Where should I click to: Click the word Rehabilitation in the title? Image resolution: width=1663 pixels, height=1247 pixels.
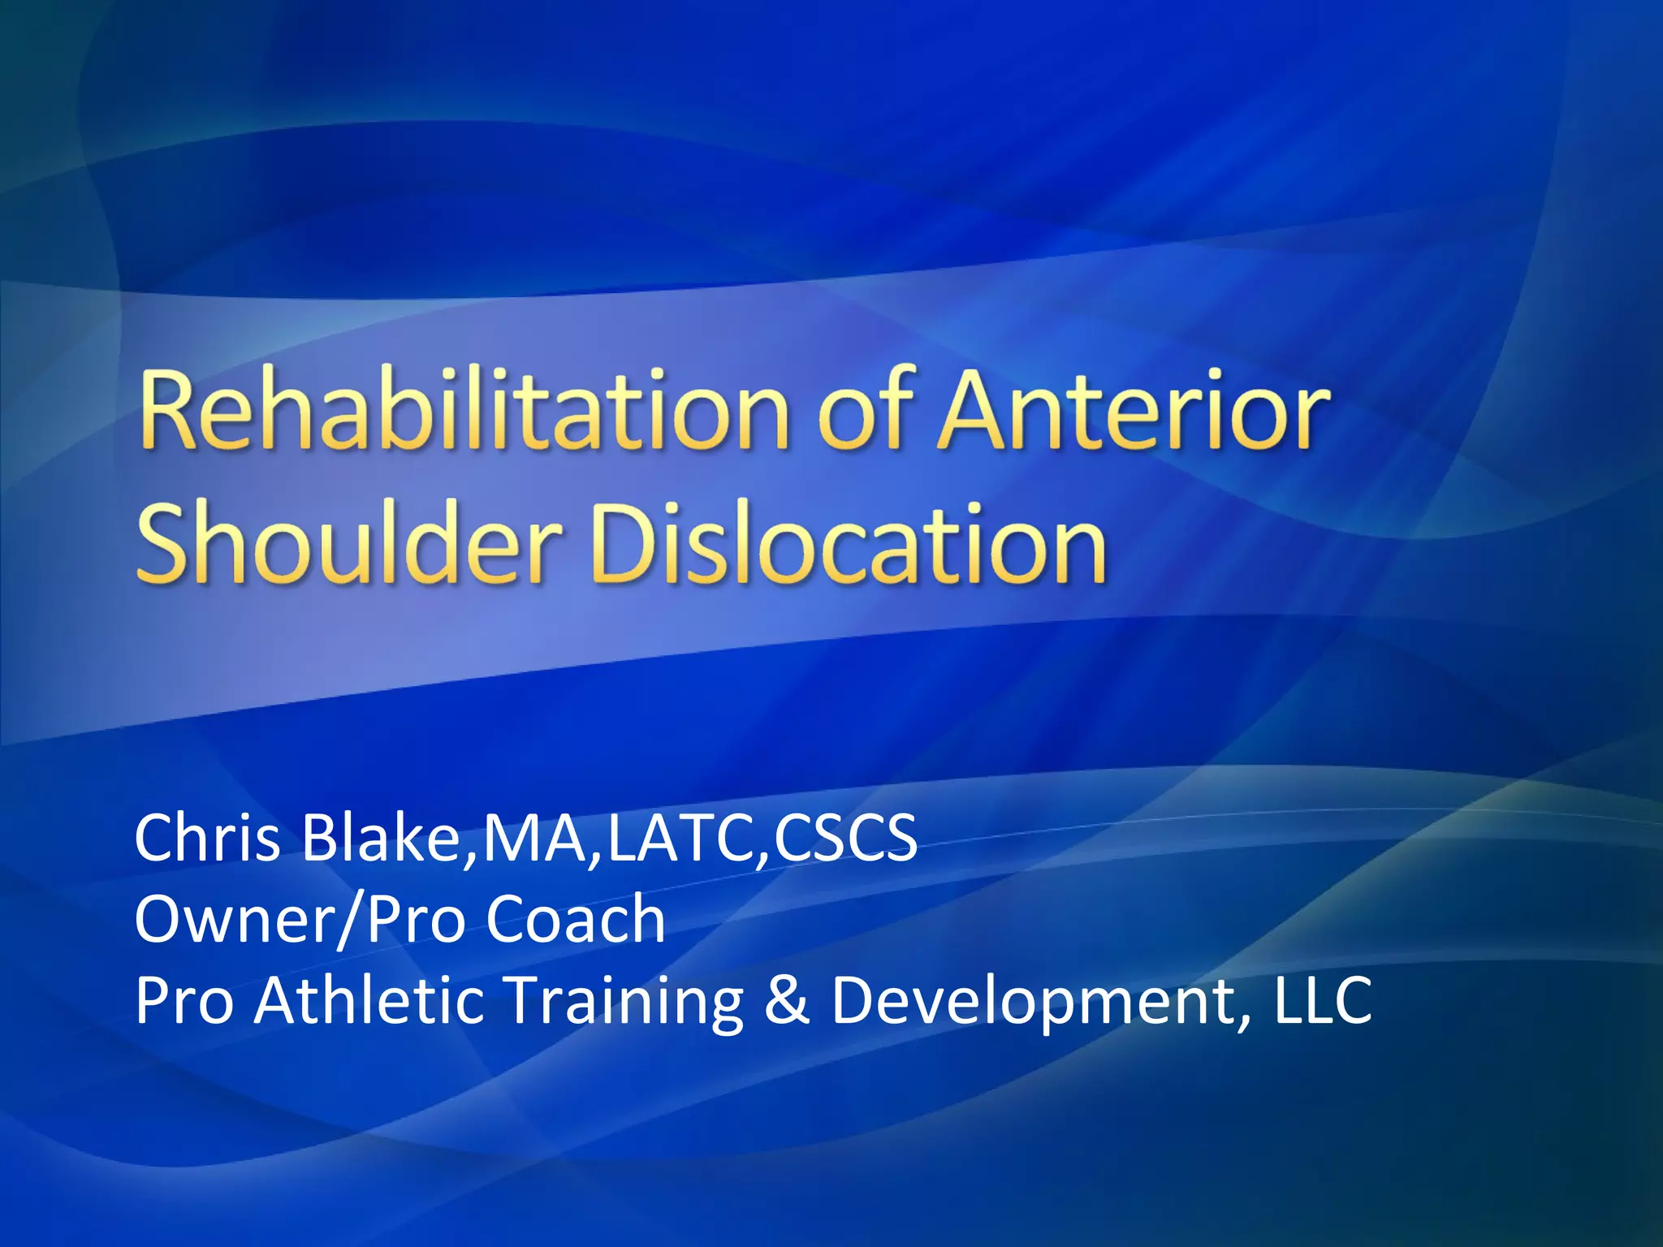[x=464, y=409]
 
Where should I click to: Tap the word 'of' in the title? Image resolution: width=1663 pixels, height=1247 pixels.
[x=866, y=409]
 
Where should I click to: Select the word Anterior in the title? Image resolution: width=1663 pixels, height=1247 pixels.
[x=1134, y=409]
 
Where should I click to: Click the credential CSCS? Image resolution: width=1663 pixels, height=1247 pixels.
[x=845, y=838]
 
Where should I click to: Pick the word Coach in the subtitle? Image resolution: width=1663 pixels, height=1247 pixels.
[x=576, y=919]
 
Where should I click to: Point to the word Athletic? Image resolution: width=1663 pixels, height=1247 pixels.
[x=369, y=1000]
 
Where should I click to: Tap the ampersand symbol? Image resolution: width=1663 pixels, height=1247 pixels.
[x=787, y=1000]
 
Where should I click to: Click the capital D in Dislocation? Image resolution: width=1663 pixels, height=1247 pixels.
[x=625, y=542]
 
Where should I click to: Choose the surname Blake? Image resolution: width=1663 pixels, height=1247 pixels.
[x=379, y=838]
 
